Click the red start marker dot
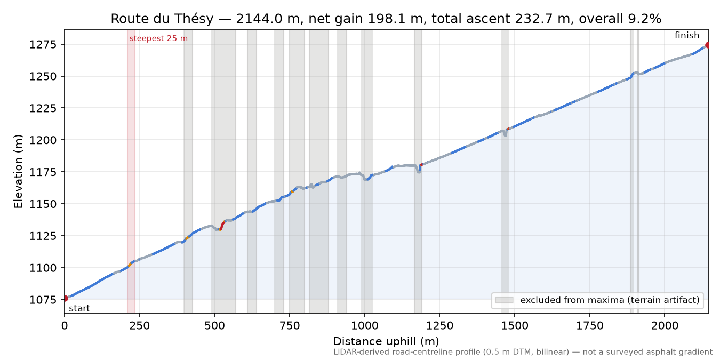(65, 298)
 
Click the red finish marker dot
(707, 45)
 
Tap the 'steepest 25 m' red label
(158, 38)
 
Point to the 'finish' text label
(687, 35)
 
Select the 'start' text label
(79, 309)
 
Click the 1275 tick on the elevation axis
(43, 44)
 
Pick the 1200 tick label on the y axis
(43, 140)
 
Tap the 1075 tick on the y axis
(43, 300)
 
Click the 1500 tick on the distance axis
(515, 326)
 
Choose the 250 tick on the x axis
(140, 326)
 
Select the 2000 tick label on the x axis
(665, 326)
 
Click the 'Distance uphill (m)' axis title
(386, 341)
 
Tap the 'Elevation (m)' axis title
(18, 171)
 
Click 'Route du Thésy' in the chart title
(162, 19)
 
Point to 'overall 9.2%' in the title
(620, 19)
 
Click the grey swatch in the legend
(504, 300)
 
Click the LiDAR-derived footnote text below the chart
(523, 353)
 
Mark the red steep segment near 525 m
(222, 225)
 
